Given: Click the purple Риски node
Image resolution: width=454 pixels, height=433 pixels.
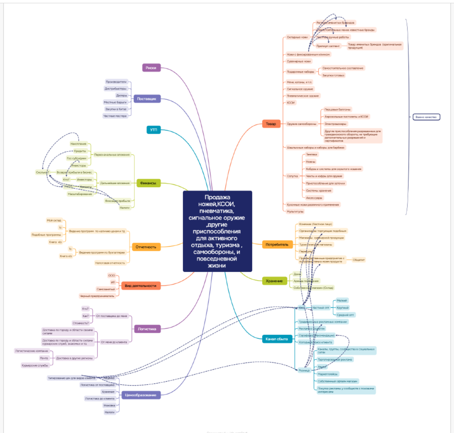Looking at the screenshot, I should [x=151, y=68].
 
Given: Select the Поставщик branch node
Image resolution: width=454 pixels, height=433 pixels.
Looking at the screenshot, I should [x=147, y=98].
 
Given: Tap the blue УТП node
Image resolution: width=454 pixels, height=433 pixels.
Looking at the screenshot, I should [x=154, y=130].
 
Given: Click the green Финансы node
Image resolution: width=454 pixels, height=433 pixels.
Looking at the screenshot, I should [x=149, y=183].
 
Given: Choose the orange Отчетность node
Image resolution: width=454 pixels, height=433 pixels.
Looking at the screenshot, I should [x=146, y=247].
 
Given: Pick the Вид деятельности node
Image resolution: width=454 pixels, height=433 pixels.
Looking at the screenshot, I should [x=141, y=286].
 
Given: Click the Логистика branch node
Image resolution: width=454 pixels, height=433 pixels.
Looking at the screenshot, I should [x=147, y=328].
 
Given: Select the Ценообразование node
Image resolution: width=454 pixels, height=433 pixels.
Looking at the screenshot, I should [x=141, y=395].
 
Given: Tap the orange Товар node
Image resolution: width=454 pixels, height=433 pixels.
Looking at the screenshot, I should [x=271, y=124].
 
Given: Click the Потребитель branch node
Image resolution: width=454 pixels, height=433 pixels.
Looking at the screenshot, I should [x=277, y=245].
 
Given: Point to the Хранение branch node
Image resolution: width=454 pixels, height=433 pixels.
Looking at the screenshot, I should [x=274, y=281].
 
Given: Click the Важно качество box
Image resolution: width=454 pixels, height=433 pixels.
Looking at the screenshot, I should [x=426, y=117].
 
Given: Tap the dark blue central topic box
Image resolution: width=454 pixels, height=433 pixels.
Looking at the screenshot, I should [x=217, y=231].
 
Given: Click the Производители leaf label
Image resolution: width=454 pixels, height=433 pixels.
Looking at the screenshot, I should [x=116, y=82].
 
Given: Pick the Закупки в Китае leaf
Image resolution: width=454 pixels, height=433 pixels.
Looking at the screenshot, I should [x=116, y=109].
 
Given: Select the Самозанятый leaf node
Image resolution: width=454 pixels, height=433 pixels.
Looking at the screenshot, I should [x=105, y=289].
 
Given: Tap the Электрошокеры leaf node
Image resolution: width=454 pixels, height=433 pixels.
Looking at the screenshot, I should [x=335, y=123].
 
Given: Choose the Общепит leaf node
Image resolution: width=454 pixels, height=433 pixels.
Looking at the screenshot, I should [x=359, y=260].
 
